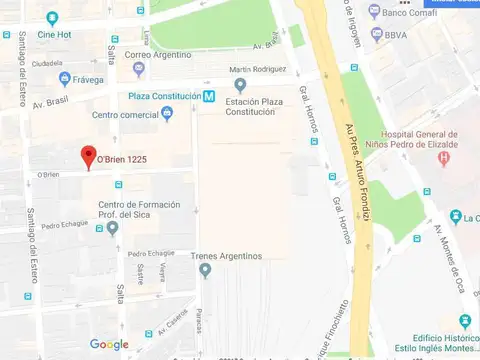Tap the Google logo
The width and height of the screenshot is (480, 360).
point(109,344)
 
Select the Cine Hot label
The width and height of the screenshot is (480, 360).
point(58,35)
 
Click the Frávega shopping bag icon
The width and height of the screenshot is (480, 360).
point(65,78)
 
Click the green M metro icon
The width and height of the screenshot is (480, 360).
point(208,96)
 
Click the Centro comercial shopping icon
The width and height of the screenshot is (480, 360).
point(167,114)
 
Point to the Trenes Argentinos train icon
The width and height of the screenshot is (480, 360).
point(205,270)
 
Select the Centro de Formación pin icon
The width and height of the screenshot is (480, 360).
point(112,227)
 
